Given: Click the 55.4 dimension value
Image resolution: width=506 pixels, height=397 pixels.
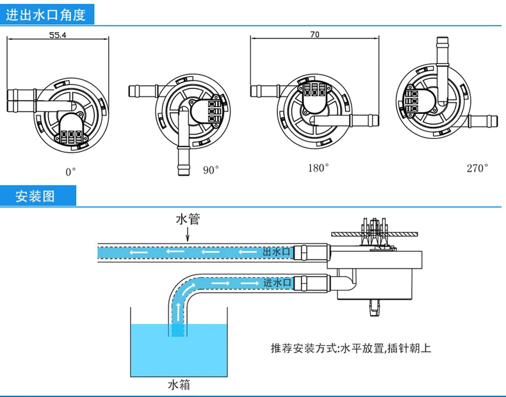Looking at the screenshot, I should coord(58,35).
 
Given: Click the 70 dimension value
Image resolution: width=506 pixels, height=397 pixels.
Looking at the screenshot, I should coord(314,35).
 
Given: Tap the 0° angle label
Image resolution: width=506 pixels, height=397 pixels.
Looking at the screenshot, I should coord(70,171).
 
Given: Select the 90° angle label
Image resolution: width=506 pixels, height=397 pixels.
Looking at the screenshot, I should coord(211,170).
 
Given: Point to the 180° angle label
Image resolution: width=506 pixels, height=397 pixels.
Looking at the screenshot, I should coord(318,168).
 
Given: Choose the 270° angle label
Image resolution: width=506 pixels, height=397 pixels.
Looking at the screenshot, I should coord(477,168).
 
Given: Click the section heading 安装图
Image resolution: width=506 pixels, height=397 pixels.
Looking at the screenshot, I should coord(35,196).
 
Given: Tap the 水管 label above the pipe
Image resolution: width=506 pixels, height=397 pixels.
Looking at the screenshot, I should coord(188,220).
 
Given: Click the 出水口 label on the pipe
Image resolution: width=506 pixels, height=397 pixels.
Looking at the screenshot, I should coord(277,252).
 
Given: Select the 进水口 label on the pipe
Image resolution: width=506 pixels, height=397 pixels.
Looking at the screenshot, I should coord(277,282).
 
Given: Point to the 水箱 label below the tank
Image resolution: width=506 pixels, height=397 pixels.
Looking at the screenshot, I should coord(179,385).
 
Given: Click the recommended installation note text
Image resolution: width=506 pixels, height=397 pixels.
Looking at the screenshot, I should coord(351,349).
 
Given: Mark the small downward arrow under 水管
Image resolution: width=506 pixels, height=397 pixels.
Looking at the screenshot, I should coord(187,235).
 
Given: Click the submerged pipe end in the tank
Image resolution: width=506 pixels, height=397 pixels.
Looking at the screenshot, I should coord(179,328).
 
